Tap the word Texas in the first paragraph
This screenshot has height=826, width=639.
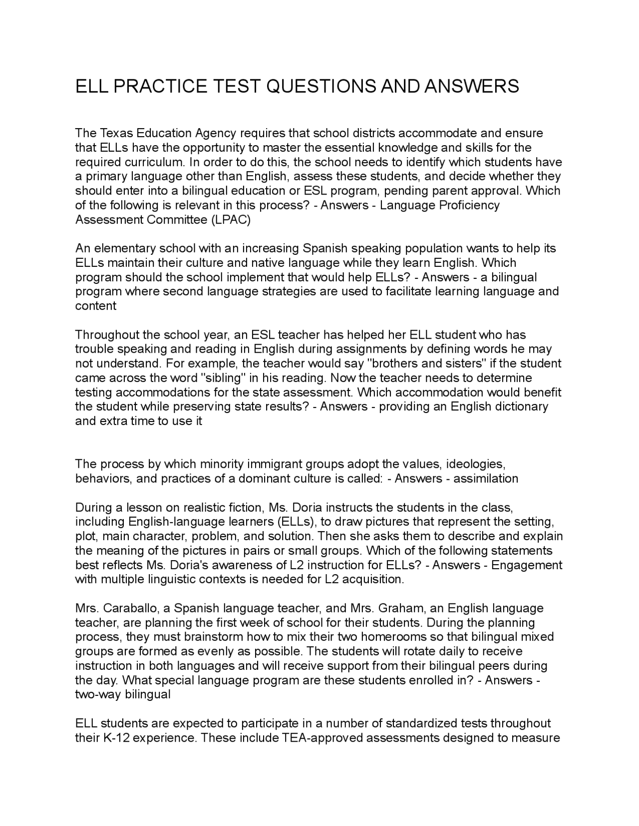click(x=116, y=133)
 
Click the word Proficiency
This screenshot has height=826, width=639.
click(x=469, y=206)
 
